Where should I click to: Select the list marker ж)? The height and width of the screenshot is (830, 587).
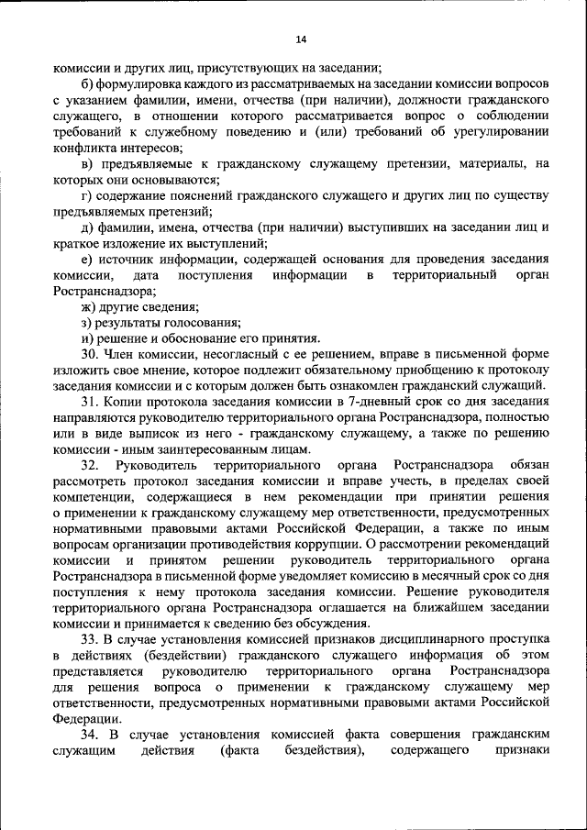click(89, 306)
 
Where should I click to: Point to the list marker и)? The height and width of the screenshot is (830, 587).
click(88, 338)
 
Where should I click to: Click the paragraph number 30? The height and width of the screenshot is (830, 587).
click(89, 354)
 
